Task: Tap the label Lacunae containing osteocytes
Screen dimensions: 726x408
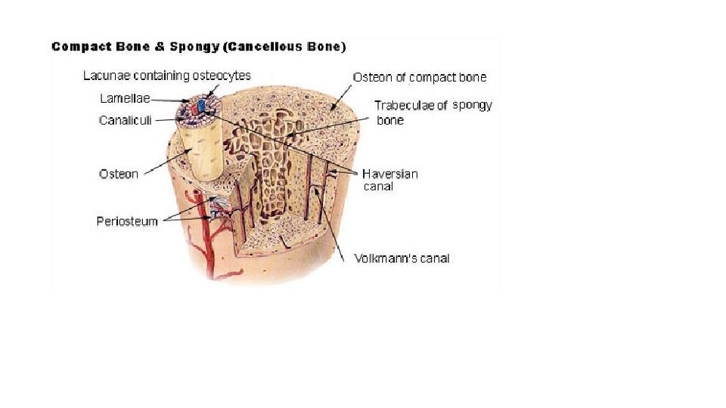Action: (x=166, y=76)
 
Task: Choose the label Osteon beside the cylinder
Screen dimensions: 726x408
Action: (x=119, y=174)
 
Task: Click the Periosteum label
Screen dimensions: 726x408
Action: (x=127, y=221)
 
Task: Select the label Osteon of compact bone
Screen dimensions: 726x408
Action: (x=420, y=77)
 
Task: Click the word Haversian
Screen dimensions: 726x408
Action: (x=389, y=173)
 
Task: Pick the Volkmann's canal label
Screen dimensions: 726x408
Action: (x=402, y=258)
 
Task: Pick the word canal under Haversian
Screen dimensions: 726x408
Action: (x=378, y=186)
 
